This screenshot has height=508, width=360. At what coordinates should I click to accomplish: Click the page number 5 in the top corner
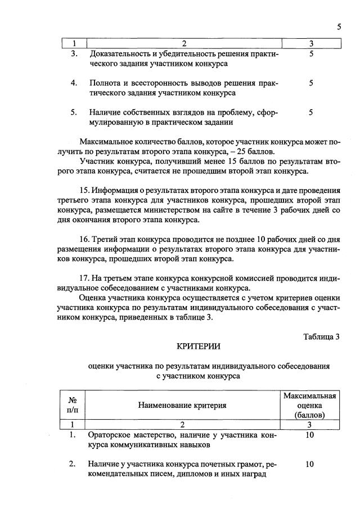pos(339,26)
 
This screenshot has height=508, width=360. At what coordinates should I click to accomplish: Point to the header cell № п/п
pos(73,405)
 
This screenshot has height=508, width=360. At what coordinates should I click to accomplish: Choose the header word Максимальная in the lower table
pos(309,397)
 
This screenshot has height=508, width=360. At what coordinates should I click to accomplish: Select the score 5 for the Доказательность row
pos(311,55)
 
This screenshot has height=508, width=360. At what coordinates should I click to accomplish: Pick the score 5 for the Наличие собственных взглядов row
pos(311,113)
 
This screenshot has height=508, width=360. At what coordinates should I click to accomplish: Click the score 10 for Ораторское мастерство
pos(309,435)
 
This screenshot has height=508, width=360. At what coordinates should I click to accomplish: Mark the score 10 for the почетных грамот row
pos(309,464)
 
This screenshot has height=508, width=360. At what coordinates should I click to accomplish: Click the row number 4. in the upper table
pos(74,83)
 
